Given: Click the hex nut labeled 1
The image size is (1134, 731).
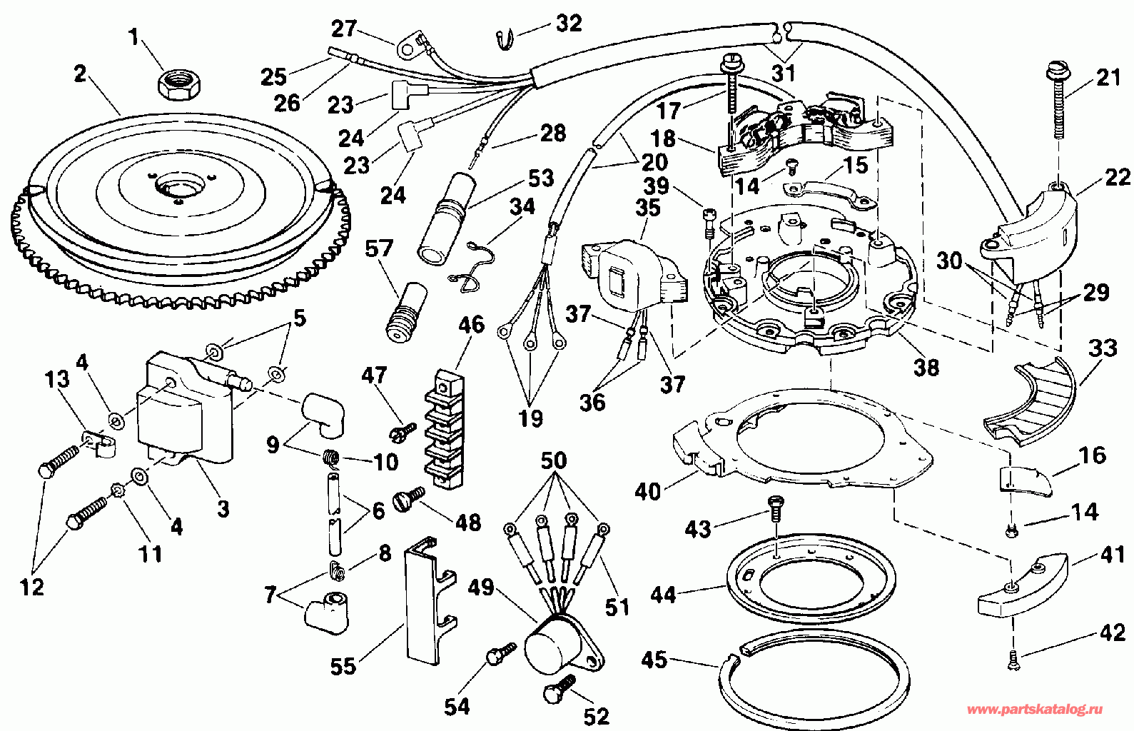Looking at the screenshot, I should click(x=178, y=85).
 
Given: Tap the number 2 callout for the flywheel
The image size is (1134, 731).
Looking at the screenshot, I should click(x=79, y=74).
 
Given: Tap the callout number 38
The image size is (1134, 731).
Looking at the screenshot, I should click(x=926, y=368).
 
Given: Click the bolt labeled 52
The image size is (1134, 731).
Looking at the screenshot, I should click(x=559, y=691).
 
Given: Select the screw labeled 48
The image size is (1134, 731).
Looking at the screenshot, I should click(x=407, y=498).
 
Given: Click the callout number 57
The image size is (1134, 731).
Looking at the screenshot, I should click(x=379, y=248).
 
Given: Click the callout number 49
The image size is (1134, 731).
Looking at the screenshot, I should click(x=481, y=588).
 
